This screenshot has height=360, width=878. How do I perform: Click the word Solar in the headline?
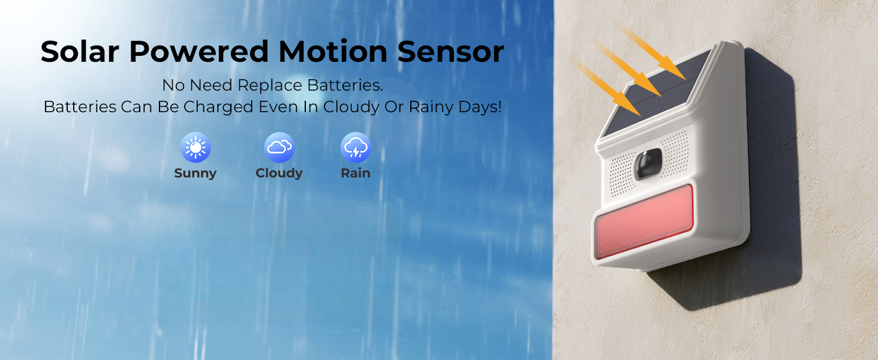coord(79,52)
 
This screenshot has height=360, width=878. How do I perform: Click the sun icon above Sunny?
coord(196,148)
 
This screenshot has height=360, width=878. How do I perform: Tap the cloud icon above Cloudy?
coord(279,148)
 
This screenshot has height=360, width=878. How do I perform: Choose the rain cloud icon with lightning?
coord(356,148)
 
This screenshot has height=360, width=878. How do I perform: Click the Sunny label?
coord(195,173)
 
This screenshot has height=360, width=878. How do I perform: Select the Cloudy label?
coord(279,173)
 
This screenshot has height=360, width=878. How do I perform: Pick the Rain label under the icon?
coord(356,173)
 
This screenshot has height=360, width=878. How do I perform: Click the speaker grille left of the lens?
coord(621,167)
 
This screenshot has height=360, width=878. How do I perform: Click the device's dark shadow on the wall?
coord(774,180)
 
